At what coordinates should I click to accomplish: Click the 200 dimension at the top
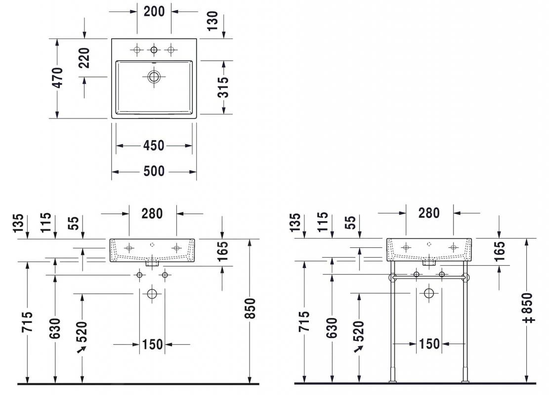tap(154, 11)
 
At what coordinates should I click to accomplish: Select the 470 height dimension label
tap(58, 78)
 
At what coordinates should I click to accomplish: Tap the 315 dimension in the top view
tap(224, 87)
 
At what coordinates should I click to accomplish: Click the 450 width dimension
tap(154, 146)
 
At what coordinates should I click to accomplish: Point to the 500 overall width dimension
tap(154, 171)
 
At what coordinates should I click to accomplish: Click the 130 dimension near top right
tap(213, 22)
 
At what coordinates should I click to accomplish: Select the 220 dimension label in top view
tap(84, 58)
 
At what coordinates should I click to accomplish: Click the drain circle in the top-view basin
tap(154, 77)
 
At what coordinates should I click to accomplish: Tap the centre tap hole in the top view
tap(154, 49)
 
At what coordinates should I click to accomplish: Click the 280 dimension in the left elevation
tap(152, 213)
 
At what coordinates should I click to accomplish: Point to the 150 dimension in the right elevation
tap(429, 344)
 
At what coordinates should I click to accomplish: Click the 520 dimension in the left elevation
tap(82, 332)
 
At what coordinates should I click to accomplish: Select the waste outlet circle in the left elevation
tap(152, 294)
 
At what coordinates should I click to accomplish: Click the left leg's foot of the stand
tap(393, 380)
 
